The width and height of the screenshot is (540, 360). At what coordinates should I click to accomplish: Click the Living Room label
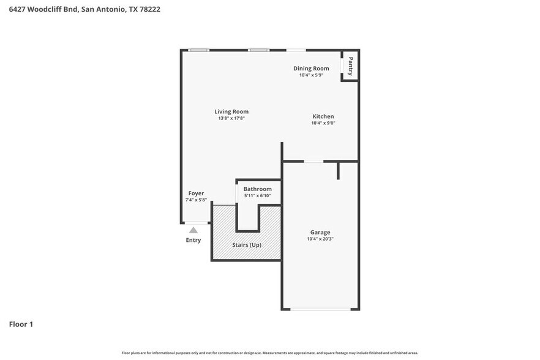click(x=231, y=111)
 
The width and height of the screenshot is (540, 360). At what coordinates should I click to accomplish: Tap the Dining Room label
click(x=311, y=69)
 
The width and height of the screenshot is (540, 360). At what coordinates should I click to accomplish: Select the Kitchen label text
click(x=323, y=116)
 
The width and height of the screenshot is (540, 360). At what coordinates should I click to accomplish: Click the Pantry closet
click(x=350, y=66)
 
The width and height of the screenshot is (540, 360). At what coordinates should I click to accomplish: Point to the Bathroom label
click(x=258, y=189)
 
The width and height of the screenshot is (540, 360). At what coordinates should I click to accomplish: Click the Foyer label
click(x=196, y=193)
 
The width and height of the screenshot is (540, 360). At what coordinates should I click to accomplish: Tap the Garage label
click(x=320, y=232)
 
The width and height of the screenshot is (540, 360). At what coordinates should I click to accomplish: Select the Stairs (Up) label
click(x=247, y=244)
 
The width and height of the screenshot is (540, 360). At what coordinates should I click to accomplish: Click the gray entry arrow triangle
click(x=193, y=230)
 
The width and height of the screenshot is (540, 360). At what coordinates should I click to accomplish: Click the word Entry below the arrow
click(x=193, y=240)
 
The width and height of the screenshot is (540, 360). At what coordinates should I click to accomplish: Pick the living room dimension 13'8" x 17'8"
click(x=231, y=118)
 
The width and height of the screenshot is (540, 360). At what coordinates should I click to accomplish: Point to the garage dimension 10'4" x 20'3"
click(x=320, y=239)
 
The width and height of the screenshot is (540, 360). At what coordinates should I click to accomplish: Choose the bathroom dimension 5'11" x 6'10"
click(x=258, y=197)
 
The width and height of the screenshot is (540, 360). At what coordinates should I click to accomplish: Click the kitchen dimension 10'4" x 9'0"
click(x=323, y=123)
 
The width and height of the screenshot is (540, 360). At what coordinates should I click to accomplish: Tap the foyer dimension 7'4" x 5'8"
click(x=196, y=200)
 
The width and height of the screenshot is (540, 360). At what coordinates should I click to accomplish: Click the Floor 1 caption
click(x=21, y=324)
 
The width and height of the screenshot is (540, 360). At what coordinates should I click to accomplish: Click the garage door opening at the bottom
click(x=320, y=309)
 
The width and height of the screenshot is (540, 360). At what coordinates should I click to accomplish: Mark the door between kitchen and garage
click(x=314, y=162)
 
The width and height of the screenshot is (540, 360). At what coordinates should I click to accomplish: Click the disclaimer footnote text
click(x=270, y=353)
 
